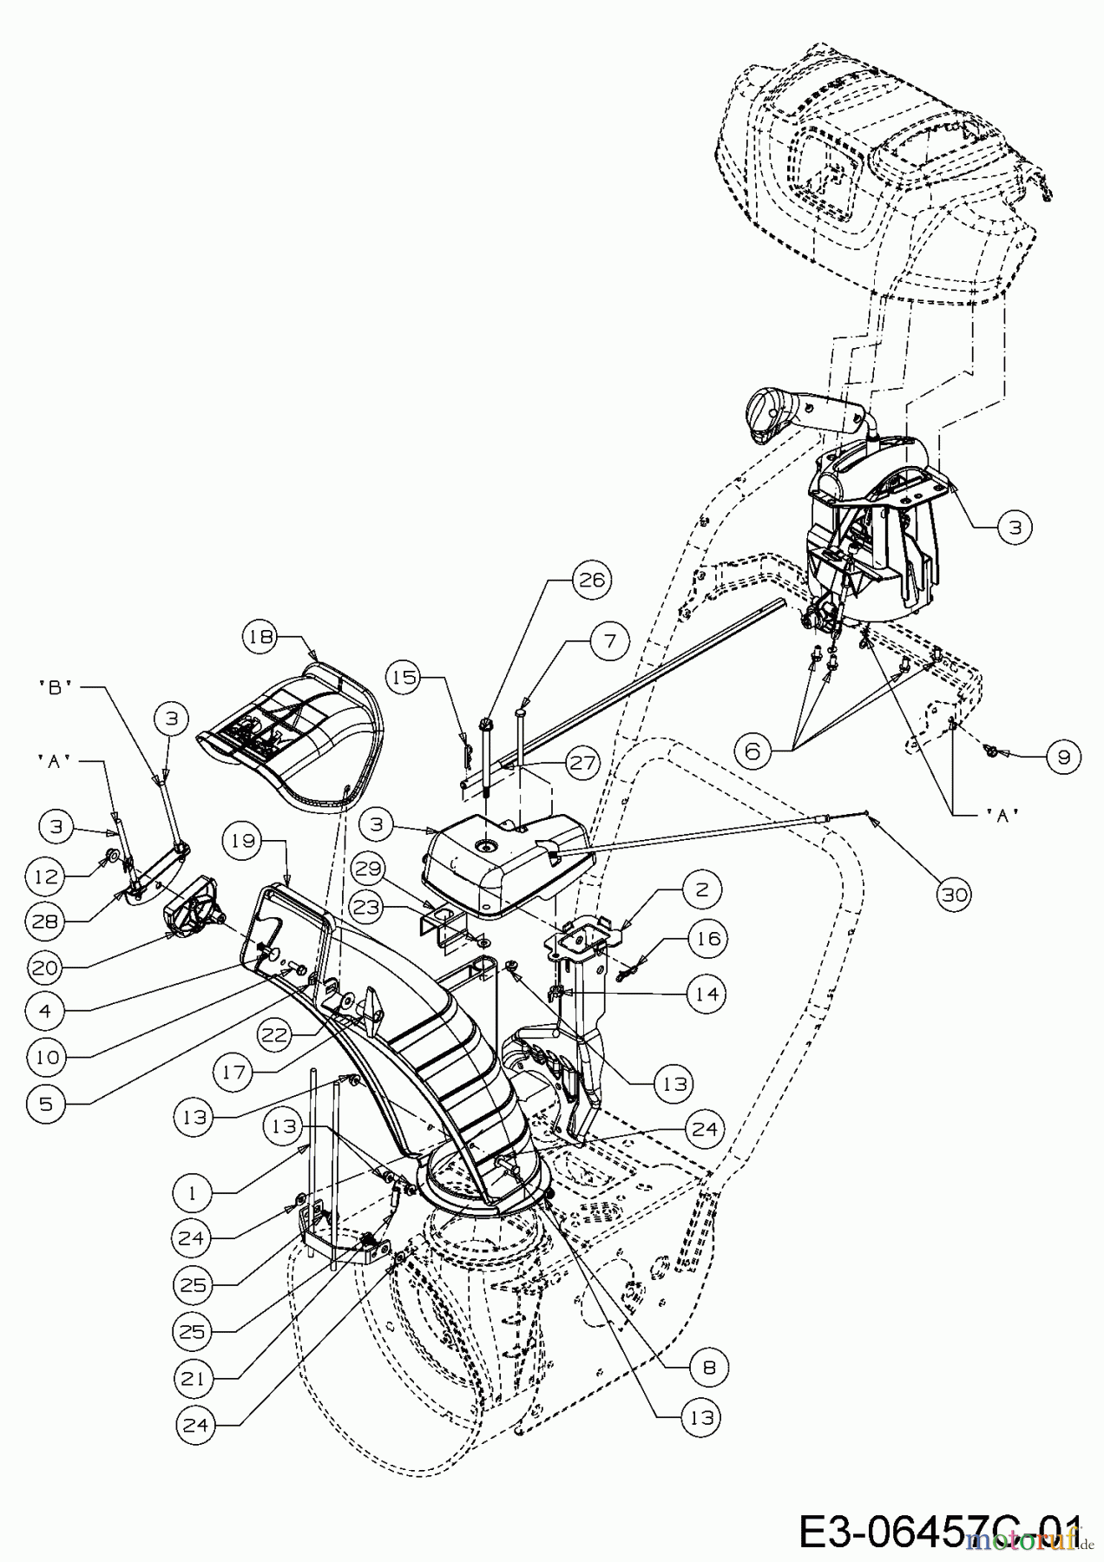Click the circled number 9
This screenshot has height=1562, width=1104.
click(1062, 757)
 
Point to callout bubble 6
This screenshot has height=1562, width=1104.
click(752, 751)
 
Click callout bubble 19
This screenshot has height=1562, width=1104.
click(246, 840)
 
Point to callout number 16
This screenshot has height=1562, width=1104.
click(707, 939)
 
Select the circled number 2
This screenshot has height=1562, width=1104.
click(700, 889)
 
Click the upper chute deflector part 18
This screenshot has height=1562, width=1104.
click(291, 746)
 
